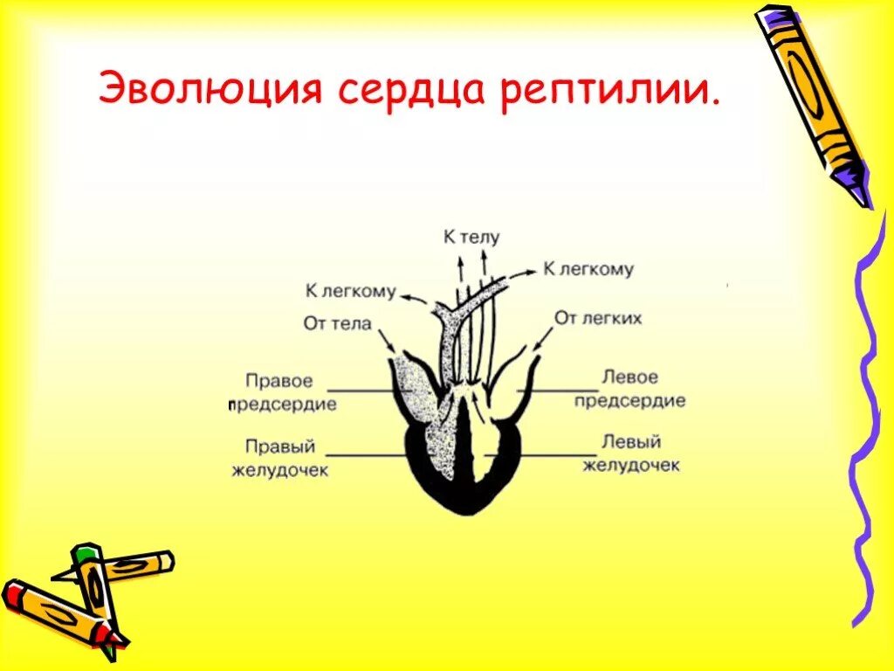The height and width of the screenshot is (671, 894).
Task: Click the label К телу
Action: (x=471, y=238)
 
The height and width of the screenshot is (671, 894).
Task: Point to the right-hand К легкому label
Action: (x=588, y=269)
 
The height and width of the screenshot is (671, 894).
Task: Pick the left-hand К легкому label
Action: (x=350, y=291)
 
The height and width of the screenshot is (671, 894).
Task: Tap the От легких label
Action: (x=598, y=318)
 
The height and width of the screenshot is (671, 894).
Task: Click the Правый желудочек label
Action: (x=279, y=458)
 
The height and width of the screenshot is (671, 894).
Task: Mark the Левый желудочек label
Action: (x=630, y=454)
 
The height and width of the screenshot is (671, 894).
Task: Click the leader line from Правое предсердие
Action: (x=358, y=391)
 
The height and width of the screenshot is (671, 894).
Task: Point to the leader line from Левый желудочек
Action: (x=550, y=455)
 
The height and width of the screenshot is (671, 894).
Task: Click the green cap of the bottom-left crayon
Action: (x=85, y=553)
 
